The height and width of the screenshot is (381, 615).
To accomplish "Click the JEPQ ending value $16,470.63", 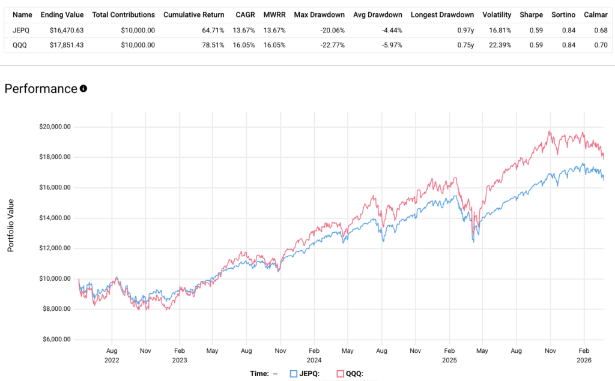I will pos(63,30).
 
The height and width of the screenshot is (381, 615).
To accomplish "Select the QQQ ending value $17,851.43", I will pos(63,44).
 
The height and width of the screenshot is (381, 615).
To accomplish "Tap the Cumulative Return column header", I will pos(194,14).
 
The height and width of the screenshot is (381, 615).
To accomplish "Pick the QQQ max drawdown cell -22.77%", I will pos(328,44).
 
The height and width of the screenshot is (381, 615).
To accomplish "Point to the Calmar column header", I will pos(595,14).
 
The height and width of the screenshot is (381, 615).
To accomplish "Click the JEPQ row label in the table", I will pos(21,30).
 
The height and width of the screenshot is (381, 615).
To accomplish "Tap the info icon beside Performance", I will pos(83,89).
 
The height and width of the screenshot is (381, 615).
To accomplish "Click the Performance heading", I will pos(41,89).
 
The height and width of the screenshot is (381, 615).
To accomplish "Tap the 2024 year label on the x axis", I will pos(314,359).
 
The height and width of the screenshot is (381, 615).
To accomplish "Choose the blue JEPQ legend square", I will pos(294,373).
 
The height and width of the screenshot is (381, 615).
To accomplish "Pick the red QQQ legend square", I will pos(340,373).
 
